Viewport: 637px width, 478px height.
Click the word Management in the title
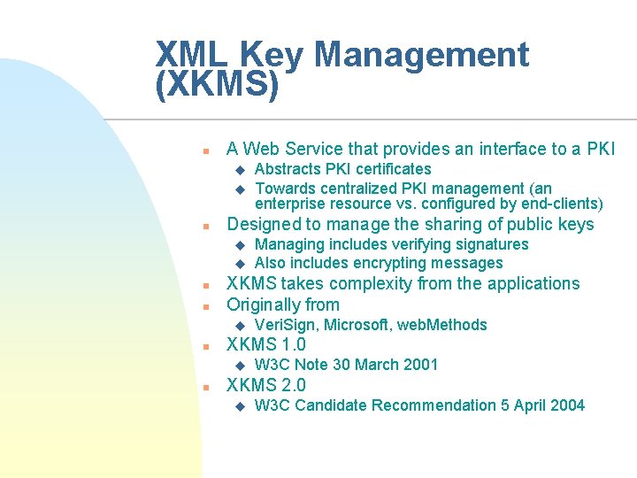point(420,55)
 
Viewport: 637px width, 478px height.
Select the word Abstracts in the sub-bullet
point(288,169)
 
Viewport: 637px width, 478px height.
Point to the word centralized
point(354,188)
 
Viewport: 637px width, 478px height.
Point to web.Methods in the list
point(442,325)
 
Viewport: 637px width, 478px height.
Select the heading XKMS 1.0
point(266,344)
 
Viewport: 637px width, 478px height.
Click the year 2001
point(420,365)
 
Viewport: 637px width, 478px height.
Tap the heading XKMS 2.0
point(266,385)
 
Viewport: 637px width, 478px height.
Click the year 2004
point(566,405)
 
